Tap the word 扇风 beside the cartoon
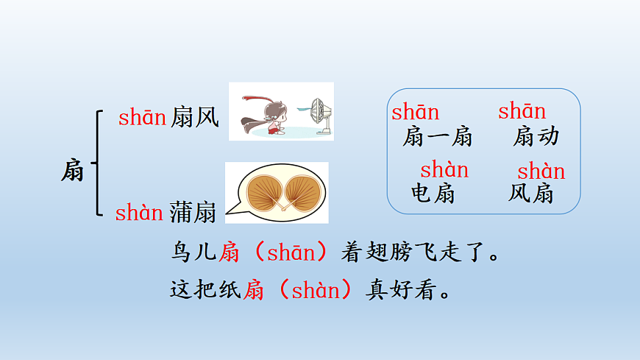pyautogui.click(x=194, y=116)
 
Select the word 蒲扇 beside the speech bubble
pyautogui.click(x=193, y=213)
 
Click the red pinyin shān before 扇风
pyautogui.click(x=141, y=116)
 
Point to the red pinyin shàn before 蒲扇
pyautogui.click(x=138, y=213)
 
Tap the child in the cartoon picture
pyautogui.click(x=274, y=118)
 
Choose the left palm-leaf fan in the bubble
pyautogui.click(x=260, y=193)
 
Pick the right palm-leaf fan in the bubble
pyautogui.click(x=302, y=193)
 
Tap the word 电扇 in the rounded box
pyautogui.click(x=433, y=194)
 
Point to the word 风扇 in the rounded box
pyautogui.click(x=531, y=194)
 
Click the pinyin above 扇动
pyautogui.click(x=522, y=112)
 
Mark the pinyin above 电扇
pyautogui.click(x=444, y=170)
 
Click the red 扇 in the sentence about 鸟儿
pyautogui.click(x=230, y=254)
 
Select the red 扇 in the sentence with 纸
pyautogui.click(x=254, y=290)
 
